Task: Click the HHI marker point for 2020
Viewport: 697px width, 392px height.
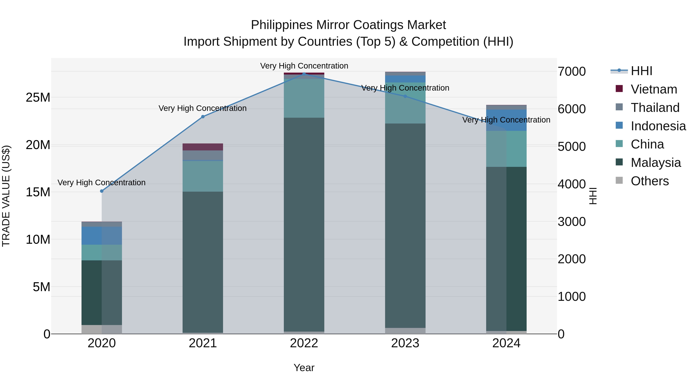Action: [102, 191]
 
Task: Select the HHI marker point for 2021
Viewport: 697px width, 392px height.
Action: [203, 117]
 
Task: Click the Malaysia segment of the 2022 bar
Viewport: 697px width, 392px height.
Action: [304, 225]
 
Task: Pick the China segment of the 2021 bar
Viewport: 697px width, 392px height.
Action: [203, 176]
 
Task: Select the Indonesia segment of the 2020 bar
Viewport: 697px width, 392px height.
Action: [101, 236]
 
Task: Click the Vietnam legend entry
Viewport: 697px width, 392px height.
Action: [654, 89]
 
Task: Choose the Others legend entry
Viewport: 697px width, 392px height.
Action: [649, 181]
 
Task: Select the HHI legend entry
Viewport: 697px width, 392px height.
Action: [641, 71]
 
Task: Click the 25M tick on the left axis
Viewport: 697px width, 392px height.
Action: [38, 97]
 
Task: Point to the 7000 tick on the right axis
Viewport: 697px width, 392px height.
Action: [572, 72]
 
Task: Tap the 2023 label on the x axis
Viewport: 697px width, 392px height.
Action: [405, 343]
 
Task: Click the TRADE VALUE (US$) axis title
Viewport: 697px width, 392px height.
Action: [6, 196]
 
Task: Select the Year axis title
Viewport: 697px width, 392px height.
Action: [304, 368]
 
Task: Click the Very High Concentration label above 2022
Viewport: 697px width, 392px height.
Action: [304, 66]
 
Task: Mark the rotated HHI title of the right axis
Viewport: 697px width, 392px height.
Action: [593, 196]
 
